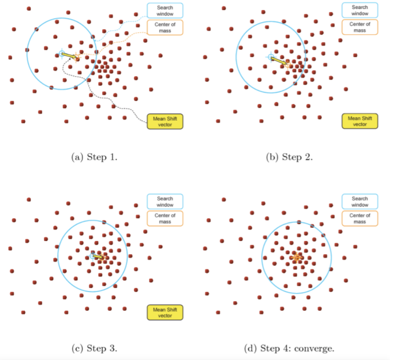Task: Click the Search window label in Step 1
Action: pyautogui.click(x=165, y=11)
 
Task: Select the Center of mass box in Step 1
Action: pyautogui.click(x=165, y=27)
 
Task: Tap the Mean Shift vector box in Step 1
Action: pyautogui.click(x=165, y=122)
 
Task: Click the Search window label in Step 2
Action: pyautogui.click(x=360, y=10)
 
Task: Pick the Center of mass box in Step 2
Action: pyautogui.click(x=360, y=27)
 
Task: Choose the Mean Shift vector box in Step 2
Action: pyautogui.click(x=360, y=121)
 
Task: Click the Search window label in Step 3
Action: pyautogui.click(x=165, y=201)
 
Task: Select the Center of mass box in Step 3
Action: pyautogui.click(x=165, y=218)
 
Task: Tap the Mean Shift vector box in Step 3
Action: pyautogui.click(x=165, y=312)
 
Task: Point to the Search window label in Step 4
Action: pyautogui.click(x=360, y=201)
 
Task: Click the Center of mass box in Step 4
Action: pyautogui.click(x=360, y=218)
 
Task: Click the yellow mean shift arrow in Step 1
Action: pyautogui.click(x=69, y=56)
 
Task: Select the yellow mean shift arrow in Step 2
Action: pyautogui.click(x=279, y=61)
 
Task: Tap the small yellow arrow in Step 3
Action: pyautogui.click(x=98, y=256)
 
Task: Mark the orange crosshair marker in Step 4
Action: pyautogui.click(x=297, y=257)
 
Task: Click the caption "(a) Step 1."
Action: pyautogui.click(x=94, y=157)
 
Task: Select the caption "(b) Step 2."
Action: pyautogui.click(x=289, y=157)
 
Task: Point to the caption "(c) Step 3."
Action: pyautogui.click(x=94, y=348)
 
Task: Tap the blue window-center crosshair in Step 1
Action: pyautogui.click(x=62, y=53)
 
